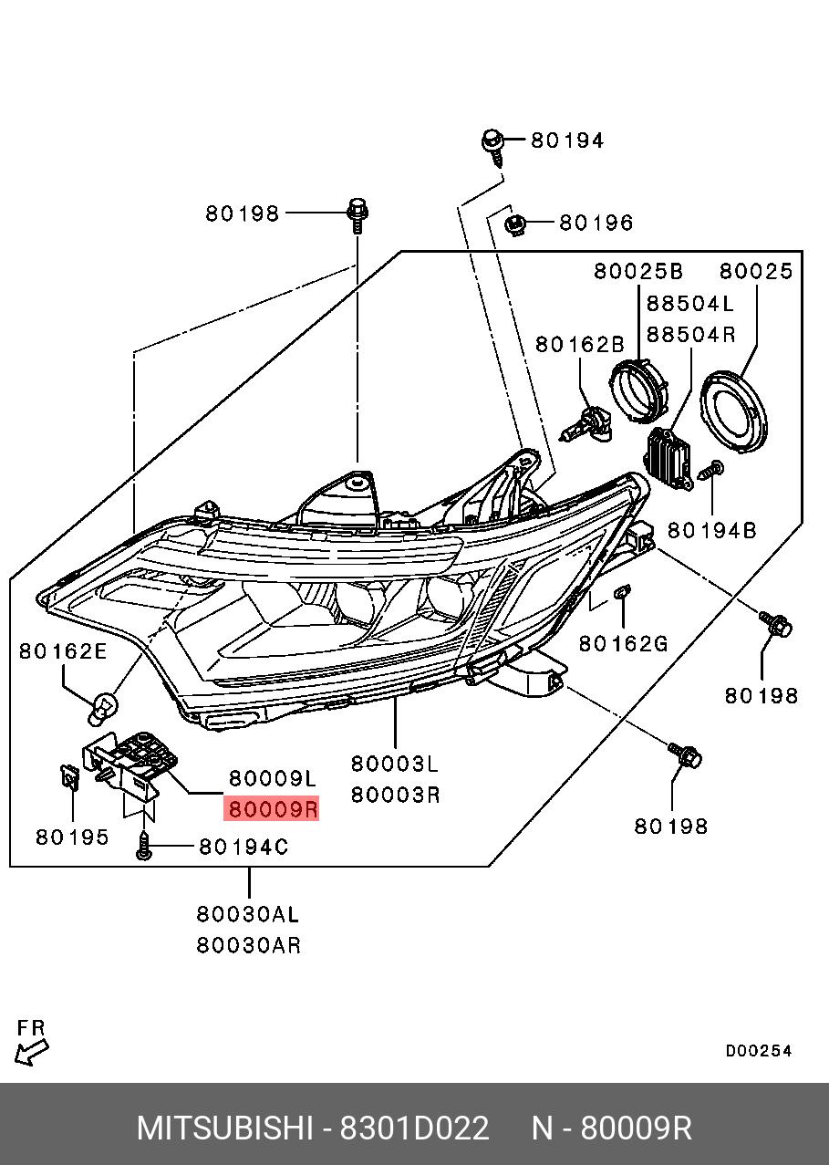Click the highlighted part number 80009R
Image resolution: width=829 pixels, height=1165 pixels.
click(x=272, y=808)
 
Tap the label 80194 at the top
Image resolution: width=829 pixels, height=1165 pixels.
click(x=567, y=140)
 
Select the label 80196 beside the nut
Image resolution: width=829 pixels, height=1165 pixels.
click(x=596, y=223)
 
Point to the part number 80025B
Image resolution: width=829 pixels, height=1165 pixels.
click(x=638, y=271)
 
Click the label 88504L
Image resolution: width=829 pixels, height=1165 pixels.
click(x=689, y=304)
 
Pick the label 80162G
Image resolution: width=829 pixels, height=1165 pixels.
click(x=624, y=644)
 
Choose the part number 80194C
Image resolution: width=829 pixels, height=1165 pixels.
click(x=244, y=848)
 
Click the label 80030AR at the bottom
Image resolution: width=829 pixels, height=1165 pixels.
click(x=248, y=945)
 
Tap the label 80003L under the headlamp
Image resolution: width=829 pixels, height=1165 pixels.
click(x=395, y=763)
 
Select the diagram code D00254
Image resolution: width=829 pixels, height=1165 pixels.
click(x=759, y=1052)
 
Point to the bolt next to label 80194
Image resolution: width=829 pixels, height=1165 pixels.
click(x=493, y=146)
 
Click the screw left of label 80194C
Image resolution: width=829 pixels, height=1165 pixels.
click(x=144, y=846)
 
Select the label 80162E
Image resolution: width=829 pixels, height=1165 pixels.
click(x=64, y=650)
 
